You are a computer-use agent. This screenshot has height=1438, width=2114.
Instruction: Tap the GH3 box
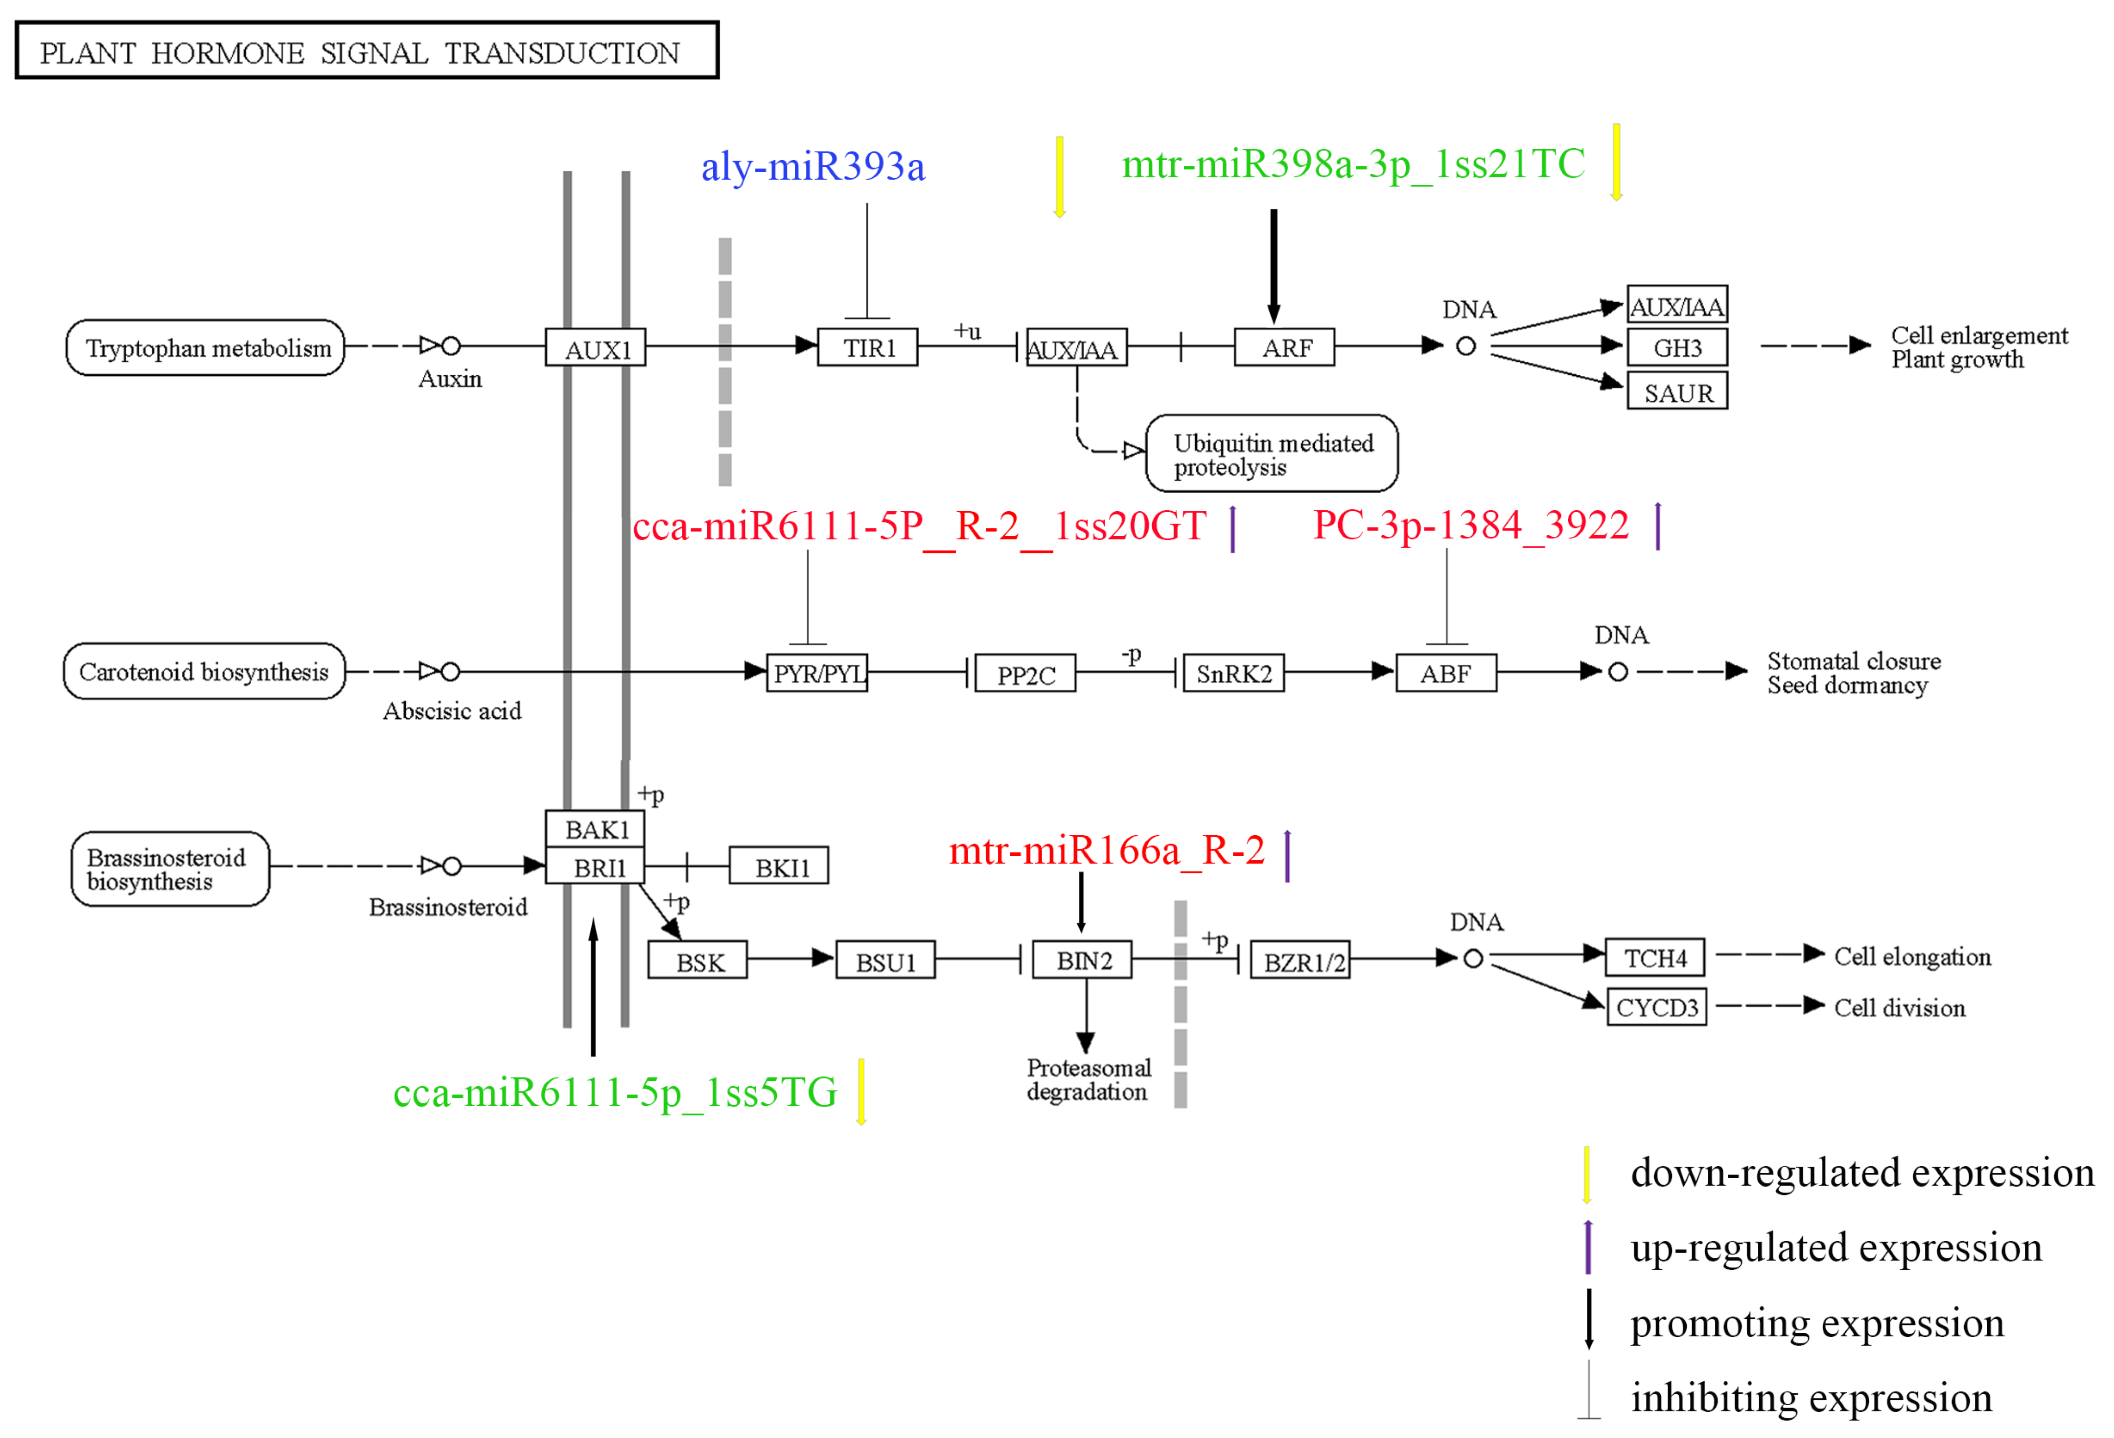[1676, 347]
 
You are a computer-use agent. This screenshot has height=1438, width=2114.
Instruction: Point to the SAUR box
[1676, 392]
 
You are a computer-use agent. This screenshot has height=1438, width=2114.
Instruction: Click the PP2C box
[1025, 674]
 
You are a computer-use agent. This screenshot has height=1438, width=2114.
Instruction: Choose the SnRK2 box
[1232, 674]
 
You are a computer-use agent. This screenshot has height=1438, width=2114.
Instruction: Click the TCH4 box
[1654, 958]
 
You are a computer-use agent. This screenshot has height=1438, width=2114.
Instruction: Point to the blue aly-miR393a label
[813, 166]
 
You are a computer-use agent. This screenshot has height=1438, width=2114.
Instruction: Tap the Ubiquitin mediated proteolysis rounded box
[1271, 454]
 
